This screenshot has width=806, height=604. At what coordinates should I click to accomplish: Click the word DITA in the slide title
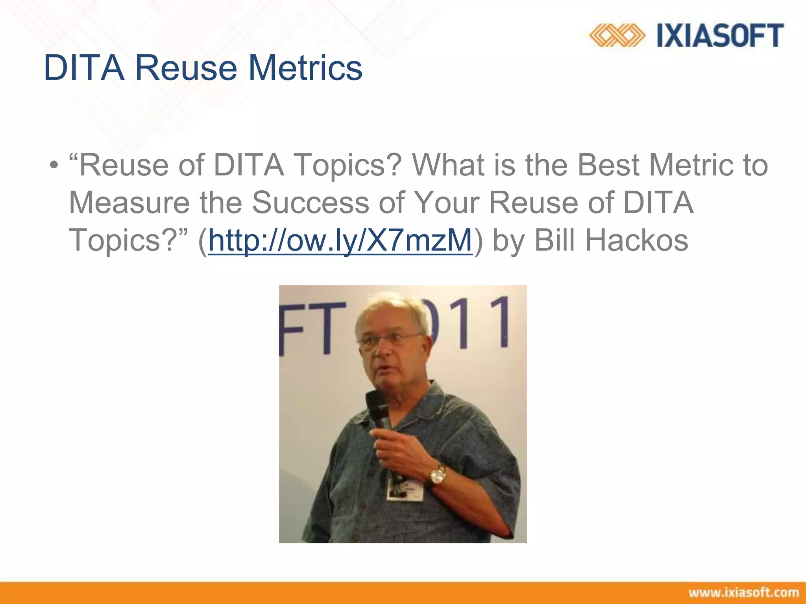(x=84, y=68)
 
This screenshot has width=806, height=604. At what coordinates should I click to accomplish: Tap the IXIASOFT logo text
(x=720, y=36)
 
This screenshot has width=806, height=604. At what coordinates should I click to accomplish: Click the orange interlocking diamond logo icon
(x=616, y=36)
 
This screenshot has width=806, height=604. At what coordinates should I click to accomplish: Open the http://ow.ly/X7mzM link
(x=340, y=240)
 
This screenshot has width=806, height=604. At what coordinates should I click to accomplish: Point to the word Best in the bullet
(x=608, y=165)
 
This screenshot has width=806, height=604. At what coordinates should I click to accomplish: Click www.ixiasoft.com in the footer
(x=743, y=593)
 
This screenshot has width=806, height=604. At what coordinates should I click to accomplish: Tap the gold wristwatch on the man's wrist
(x=437, y=476)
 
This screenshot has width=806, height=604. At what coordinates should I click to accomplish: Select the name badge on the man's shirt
(x=405, y=490)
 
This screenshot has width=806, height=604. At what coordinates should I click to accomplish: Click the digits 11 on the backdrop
(x=480, y=322)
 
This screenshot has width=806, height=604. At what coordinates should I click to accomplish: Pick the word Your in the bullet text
(x=447, y=203)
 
